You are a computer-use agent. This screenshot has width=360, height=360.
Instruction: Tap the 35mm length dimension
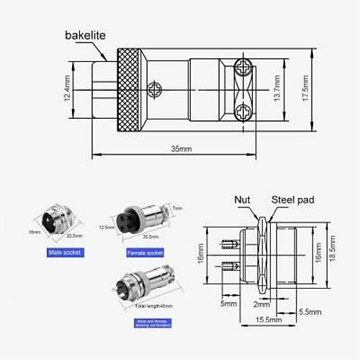coord(180,149)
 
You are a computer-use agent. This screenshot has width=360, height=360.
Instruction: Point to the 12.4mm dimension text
coord(68,90)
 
